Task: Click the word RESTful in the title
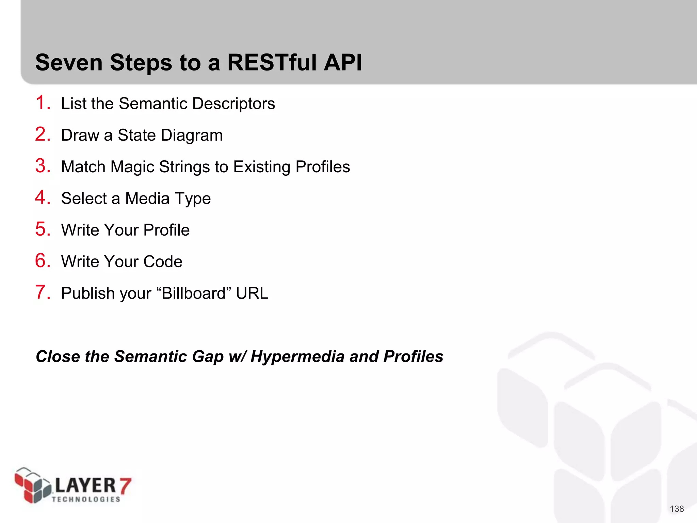click(x=274, y=63)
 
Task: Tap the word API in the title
click(x=343, y=63)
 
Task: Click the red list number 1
click(x=42, y=103)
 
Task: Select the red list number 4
click(x=42, y=197)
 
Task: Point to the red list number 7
click(x=42, y=292)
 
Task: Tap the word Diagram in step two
click(x=192, y=136)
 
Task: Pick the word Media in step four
click(x=147, y=199)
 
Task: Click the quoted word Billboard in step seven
click(x=194, y=293)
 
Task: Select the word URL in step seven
click(x=252, y=293)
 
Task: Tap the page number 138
click(x=677, y=509)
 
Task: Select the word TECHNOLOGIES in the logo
click(x=86, y=499)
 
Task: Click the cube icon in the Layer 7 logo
click(x=32, y=485)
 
